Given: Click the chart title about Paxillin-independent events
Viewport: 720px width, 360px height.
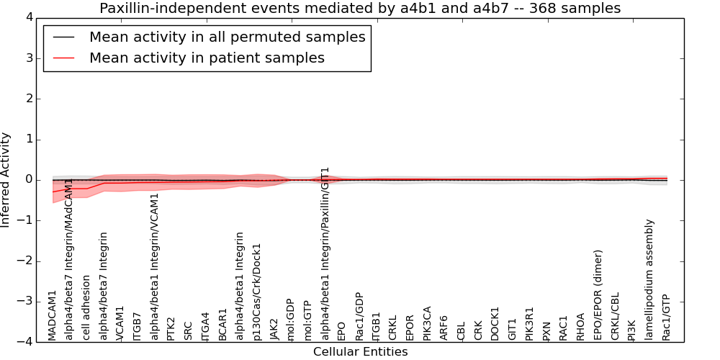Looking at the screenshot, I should click(359, 9).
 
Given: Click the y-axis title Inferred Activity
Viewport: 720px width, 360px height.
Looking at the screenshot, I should click(6, 179).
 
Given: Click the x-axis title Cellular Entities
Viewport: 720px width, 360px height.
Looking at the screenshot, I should click(360, 352).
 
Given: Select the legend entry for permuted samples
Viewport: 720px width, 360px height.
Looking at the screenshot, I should click(227, 37).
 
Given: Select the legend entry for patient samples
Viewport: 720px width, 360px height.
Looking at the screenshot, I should click(207, 58).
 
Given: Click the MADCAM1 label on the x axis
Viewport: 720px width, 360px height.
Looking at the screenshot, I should click(53, 315).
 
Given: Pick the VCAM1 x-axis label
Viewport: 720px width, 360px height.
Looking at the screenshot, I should click(120, 323).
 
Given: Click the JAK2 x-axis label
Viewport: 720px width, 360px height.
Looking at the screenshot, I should click(274, 328).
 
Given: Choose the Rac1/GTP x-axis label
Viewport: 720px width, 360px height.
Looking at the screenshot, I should click(666, 317).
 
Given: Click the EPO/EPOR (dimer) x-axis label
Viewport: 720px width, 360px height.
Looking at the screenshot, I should click(598, 295).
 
